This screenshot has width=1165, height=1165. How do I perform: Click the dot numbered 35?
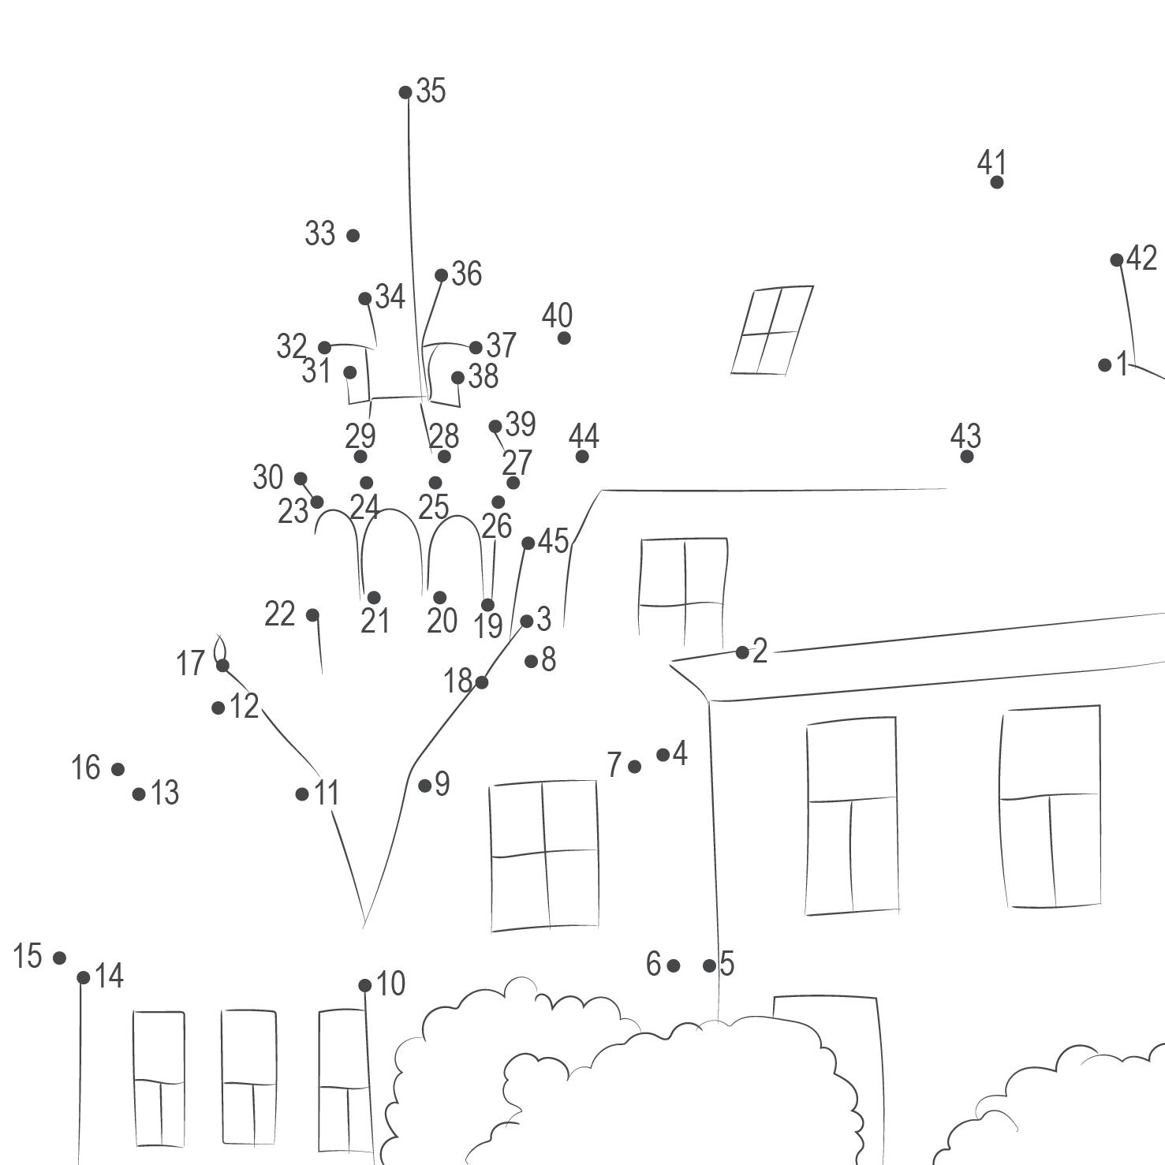[405, 92]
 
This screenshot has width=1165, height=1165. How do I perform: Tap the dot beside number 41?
[997, 182]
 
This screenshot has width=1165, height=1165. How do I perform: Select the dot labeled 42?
[1117, 260]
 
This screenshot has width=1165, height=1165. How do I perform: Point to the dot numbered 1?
[1105, 365]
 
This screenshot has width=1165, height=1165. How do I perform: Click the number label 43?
[965, 435]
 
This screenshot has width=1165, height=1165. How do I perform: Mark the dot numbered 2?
[742, 652]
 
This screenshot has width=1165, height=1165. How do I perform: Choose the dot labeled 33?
[353, 235]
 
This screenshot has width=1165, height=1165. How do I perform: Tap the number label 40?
[557, 316]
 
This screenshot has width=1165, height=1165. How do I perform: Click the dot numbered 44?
[582, 456]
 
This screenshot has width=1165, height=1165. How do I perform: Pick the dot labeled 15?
[59, 958]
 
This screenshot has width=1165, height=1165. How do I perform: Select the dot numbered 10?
[365, 985]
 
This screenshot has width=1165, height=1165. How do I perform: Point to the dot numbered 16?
[118, 769]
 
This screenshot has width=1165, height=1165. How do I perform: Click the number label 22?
[279, 614]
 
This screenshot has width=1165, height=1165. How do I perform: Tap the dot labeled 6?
[673, 965]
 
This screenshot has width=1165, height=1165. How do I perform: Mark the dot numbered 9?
[425, 785]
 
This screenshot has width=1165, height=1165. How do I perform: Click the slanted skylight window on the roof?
[771, 330]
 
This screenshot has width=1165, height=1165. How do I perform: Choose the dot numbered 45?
[528, 543]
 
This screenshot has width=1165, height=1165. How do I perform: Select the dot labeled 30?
[301, 479]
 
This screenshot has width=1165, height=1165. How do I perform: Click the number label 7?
[614, 764]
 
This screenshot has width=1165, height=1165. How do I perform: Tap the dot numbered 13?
[139, 793]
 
